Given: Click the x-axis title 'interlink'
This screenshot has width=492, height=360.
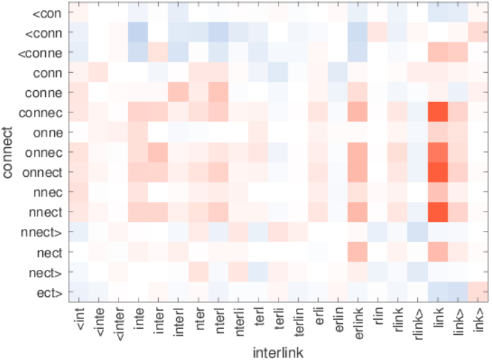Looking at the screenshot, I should pyautogui.click(x=277, y=351).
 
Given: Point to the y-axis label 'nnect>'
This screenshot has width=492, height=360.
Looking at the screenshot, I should pyautogui.click(x=44, y=232).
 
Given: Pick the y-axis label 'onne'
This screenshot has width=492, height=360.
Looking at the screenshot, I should pyautogui.click(x=48, y=132).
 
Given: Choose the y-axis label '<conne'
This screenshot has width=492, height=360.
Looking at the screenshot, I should pyautogui.click(x=41, y=52).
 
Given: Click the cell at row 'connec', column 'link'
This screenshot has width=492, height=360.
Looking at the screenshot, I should pyautogui.click(x=438, y=112).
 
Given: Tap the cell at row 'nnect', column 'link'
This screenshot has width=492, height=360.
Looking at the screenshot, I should pyautogui.click(x=438, y=212).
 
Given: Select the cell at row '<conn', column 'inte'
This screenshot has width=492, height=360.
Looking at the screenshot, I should pyautogui.click(x=137, y=32).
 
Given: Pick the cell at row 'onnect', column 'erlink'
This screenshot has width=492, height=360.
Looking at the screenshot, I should pyautogui.click(x=358, y=172).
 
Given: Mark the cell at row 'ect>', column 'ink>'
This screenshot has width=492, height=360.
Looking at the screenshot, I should pyautogui.click(x=477, y=291).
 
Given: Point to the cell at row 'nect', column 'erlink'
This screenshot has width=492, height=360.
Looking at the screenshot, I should pyautogui.click(x=358, y=252).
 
